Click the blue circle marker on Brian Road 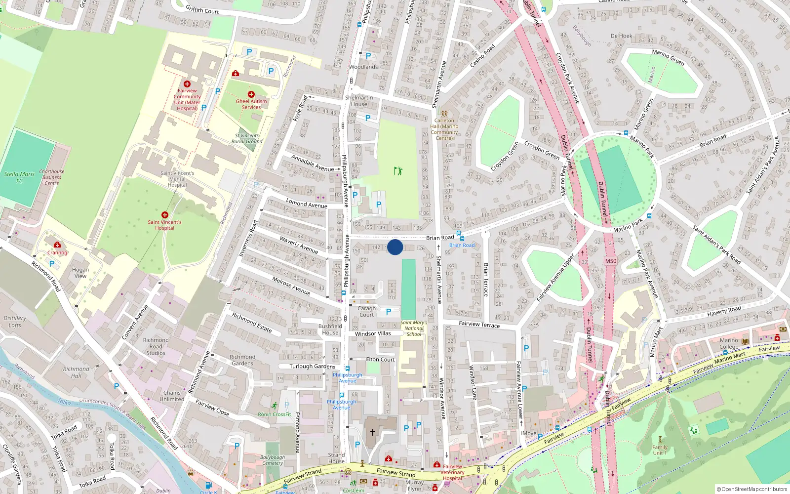coord(395,247)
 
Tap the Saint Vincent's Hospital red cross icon coord(165,215)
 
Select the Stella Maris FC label coord(19,177)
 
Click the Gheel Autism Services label coord(251,104)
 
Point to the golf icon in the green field coord(398,171)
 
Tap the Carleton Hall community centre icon coord(444,114)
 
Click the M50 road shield coord(611,261)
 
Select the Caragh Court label coord(367,312)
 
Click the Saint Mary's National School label coord(414,329)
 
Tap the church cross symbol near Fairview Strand coord(373,432)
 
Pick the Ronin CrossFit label coord(275,414)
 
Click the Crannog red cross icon coord(57,245)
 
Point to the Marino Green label coord(668,57)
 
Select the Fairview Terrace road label coord(479,324)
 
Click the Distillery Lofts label coord(15,322)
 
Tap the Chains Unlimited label coord(172,396)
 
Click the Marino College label coord(729,343)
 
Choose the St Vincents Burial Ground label coord(247,138)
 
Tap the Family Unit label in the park coord(660,450)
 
